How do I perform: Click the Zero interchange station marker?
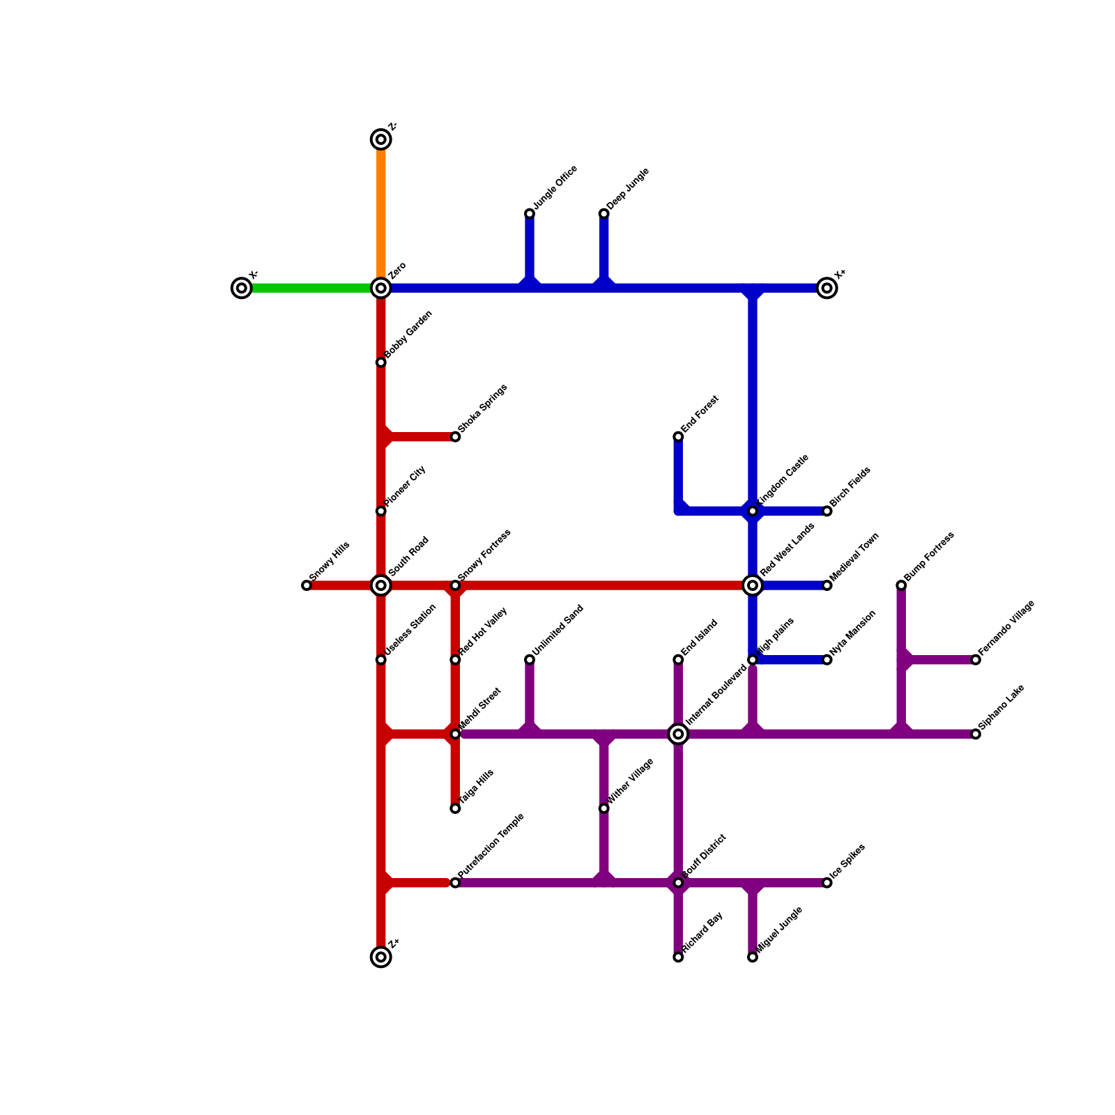coord(380,288)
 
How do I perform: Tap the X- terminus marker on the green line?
coord(241,288)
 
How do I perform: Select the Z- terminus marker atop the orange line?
coord(380,139)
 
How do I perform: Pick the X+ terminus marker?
coord(826,288)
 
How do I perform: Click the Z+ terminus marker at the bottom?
coord(380,957)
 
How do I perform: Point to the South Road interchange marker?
coord(380,585)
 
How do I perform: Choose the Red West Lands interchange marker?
coord(753,585)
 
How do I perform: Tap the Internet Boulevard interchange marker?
coord(678,734)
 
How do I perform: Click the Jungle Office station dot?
coord(530,213)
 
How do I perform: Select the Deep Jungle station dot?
coord(603,213)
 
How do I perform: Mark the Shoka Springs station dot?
coord(455,437)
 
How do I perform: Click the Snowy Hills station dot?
coord(307,585)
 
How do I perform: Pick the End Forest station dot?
coord(678,437)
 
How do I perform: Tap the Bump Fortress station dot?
coord(901,585)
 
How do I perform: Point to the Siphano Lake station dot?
coord(976,734)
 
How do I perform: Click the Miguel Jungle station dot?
coord(753,958)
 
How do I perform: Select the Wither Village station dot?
coord(603,808)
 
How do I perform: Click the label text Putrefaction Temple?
coord(491,846)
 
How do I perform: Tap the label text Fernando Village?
coord(1006,627)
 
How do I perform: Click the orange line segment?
coord(380,213)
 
